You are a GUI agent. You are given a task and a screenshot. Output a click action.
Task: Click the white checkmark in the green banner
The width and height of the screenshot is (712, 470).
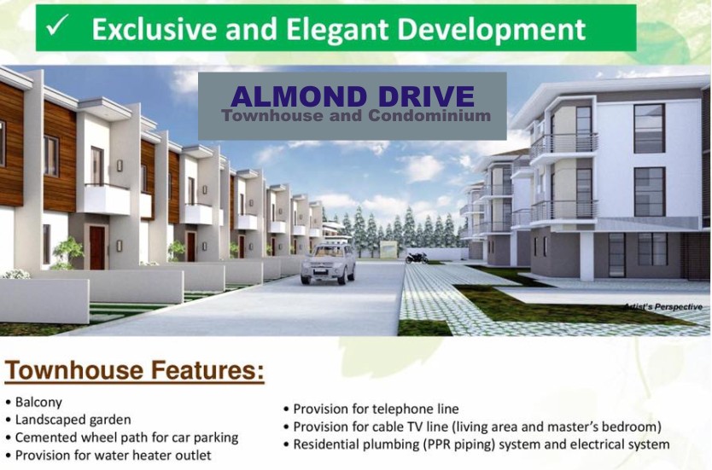pos(58,25)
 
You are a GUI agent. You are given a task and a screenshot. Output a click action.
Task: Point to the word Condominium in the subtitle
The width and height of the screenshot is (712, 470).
pos(429,115)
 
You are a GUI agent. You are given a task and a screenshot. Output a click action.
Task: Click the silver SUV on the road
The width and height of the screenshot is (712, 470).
pos(329,263)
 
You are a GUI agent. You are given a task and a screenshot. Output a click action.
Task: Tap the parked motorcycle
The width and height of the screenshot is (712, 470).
pos(417,258)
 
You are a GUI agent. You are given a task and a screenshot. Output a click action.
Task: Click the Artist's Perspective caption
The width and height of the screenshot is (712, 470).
pos(663,307)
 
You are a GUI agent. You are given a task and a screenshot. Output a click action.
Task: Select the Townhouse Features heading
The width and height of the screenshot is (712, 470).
pos(134,369)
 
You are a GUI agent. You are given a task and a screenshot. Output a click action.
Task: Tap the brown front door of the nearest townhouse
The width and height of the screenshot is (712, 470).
pos(97,247)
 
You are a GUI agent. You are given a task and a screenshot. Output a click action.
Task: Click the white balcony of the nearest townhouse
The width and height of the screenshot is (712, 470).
pos(104,199)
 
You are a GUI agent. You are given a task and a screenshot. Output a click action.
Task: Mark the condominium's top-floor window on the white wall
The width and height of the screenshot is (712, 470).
pos(649,129)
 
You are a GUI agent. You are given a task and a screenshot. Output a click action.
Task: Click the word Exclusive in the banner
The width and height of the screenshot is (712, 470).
pos(154,30)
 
